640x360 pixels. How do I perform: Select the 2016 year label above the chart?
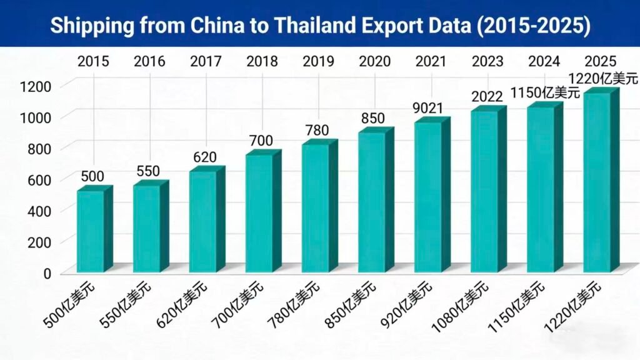149,61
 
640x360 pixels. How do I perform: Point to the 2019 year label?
319,61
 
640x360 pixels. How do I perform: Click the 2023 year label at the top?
487,61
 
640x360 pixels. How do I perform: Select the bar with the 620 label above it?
203,221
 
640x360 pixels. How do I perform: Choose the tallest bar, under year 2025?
597,182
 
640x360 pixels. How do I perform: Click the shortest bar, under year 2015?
91,231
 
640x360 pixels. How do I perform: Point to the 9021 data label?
428,109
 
